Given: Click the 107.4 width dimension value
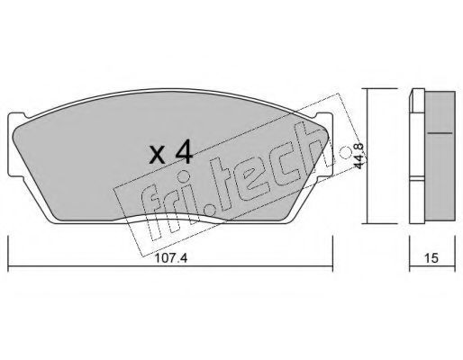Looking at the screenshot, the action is coord(171,258).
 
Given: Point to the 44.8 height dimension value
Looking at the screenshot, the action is coord(359,156).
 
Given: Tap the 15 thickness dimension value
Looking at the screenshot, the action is coord(431,258).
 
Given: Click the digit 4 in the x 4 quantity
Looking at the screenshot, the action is coord(184,153).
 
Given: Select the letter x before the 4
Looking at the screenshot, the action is coord(158,156).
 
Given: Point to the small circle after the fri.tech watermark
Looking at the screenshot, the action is coord(345,152).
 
